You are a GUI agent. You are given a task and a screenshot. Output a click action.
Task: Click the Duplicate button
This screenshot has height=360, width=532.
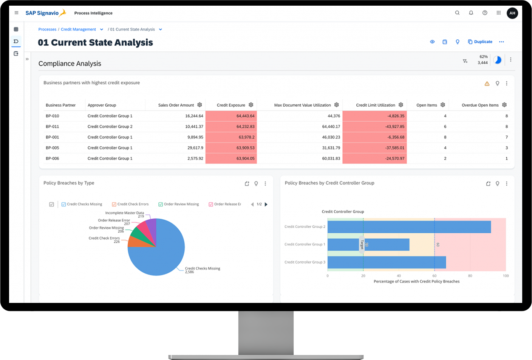coord(480,42)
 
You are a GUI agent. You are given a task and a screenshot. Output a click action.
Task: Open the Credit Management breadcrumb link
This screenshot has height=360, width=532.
coord(78,29)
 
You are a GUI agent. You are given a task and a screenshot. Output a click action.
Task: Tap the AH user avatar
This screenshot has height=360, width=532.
coord(512,13)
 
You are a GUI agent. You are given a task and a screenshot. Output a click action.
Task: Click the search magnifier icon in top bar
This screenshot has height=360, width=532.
coord(457,13)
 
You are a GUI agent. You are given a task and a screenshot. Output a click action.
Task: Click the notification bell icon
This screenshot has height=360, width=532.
coord(471,13)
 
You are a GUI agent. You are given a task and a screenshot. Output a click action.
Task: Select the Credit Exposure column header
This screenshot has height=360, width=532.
coord(231,105)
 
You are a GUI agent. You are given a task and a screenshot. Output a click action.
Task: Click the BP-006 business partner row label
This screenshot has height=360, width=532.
coord(53,158)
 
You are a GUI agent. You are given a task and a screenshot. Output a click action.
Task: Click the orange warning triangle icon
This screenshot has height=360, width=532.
coord(487,84)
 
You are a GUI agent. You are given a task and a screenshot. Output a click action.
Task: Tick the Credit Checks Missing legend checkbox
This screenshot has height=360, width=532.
coord(64,204)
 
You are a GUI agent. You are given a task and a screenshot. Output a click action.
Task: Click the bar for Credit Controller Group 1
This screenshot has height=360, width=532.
coord(368,245)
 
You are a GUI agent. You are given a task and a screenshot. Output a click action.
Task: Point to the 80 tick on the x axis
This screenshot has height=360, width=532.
coord(470,276)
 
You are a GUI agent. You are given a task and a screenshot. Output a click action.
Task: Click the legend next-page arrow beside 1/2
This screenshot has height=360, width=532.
coord(266,204)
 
